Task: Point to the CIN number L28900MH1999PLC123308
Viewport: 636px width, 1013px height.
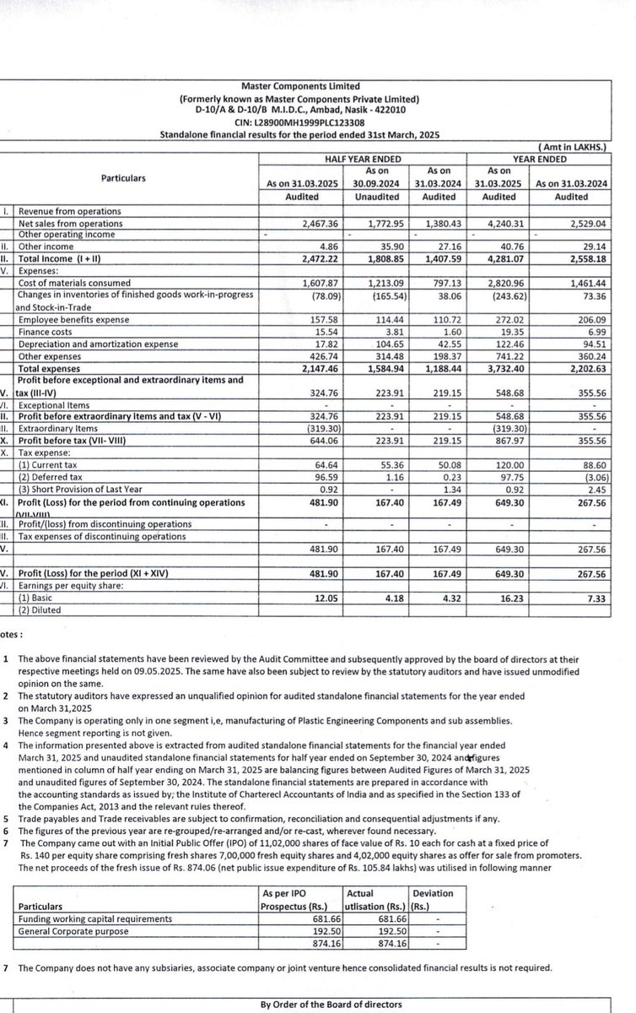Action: click(x=311, y=122)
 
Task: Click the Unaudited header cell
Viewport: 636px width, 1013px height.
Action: click(x=369, y=196)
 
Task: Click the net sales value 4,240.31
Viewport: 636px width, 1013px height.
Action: click(x=505, y=223)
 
